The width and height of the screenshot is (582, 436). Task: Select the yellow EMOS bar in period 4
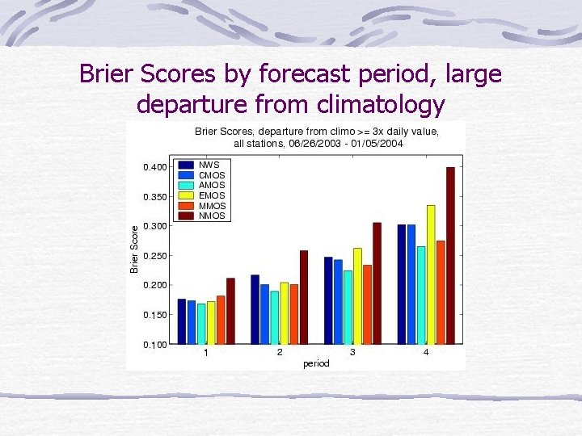431,275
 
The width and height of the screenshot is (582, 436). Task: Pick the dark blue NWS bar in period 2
255,309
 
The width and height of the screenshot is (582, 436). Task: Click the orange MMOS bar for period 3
367,304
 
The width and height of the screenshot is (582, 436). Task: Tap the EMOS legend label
212,195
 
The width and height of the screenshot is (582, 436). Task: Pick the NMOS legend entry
212,216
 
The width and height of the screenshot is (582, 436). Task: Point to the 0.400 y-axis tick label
155,167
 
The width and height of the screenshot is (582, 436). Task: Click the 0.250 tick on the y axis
155,256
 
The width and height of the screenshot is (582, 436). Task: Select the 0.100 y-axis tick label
155,345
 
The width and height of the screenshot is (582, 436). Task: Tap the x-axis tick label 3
352,353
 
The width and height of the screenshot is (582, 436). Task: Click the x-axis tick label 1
206,353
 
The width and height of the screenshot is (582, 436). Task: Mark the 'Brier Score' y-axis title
135,248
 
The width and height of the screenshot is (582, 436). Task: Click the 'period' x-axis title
316,363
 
